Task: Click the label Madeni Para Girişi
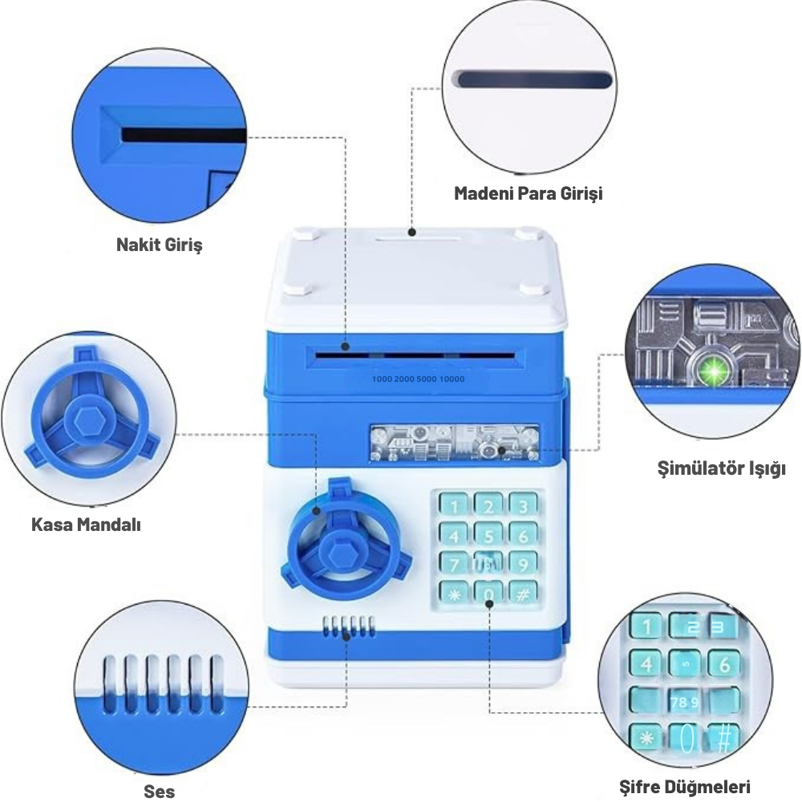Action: click(x=528, y=193)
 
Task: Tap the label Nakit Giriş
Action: click(x=160, y=244)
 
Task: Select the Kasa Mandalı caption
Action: click(x=86, y=525)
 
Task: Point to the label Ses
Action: click(x=159, y=791)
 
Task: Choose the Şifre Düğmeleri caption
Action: click(x=685, y=785)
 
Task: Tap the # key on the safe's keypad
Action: click(x=523, y=594)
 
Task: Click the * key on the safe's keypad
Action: click(x=454, y=594)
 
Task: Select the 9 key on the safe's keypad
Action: click(x=523, y=565)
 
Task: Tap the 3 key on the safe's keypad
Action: click(x=523, y=506)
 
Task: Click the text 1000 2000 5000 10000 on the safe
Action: click(x=418, y=378)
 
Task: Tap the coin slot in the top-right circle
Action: click(x=533, y=79)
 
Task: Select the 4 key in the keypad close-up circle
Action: click(x=646, y=663)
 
